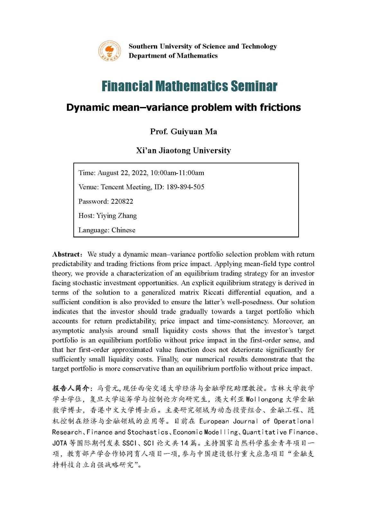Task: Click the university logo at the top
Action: (110, 51)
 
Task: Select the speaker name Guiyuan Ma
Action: (194, 132)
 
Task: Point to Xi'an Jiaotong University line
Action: (183, 150)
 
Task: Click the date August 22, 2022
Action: (123, 173)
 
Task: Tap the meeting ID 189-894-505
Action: (185, 187)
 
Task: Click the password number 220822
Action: (122, 201)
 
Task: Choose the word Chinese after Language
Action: (123, 230)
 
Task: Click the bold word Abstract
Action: (66, 254)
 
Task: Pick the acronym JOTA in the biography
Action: (59, 443)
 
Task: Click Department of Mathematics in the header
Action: (173, 56)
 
